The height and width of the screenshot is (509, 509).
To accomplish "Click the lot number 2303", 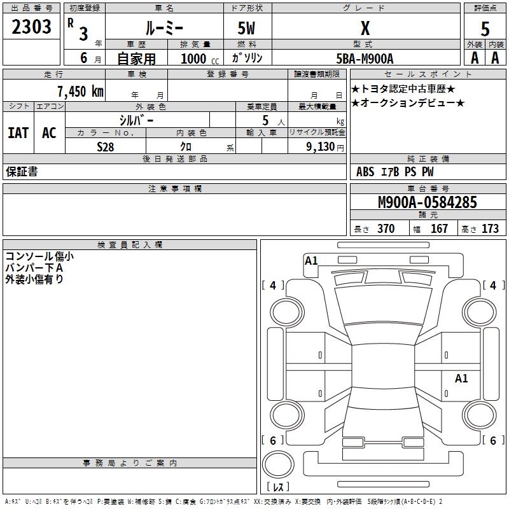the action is [x=32, y=27].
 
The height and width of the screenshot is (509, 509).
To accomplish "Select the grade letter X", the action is [x=365, y=28].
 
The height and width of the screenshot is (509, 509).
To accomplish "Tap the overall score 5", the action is [x=485, y=29].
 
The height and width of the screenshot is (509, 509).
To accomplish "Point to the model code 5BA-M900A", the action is [x=365, y=58].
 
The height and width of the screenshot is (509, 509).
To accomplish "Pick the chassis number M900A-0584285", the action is [x=428, y=202].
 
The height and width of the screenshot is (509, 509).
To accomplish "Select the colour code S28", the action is [x=105, y=147].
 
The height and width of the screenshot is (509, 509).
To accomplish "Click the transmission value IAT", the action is [x=18, y=133].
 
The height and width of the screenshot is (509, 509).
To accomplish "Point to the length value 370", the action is [x=386, y=229].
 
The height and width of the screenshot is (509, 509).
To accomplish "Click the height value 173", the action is [x=490, y=229].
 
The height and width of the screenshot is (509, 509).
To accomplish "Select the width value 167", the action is [x=439, y=229].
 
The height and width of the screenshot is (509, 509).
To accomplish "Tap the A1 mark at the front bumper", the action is [x=311, y=260].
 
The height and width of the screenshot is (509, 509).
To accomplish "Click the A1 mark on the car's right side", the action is [x=461, y=379].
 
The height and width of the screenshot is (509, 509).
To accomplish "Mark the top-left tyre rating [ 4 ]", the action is [x=273, y=286].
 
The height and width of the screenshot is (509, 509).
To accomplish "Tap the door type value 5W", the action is [x=247, y=29].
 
